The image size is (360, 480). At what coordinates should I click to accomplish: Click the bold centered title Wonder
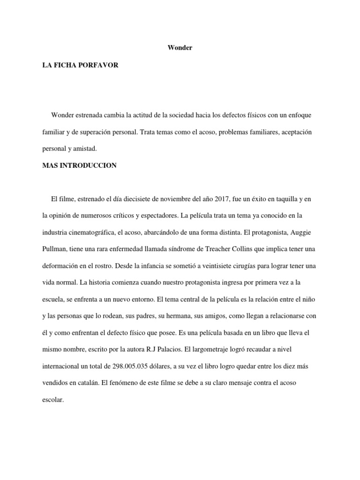[180, 48]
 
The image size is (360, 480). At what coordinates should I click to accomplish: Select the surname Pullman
[54, 249]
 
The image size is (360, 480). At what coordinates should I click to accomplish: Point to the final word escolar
[52, 400]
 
